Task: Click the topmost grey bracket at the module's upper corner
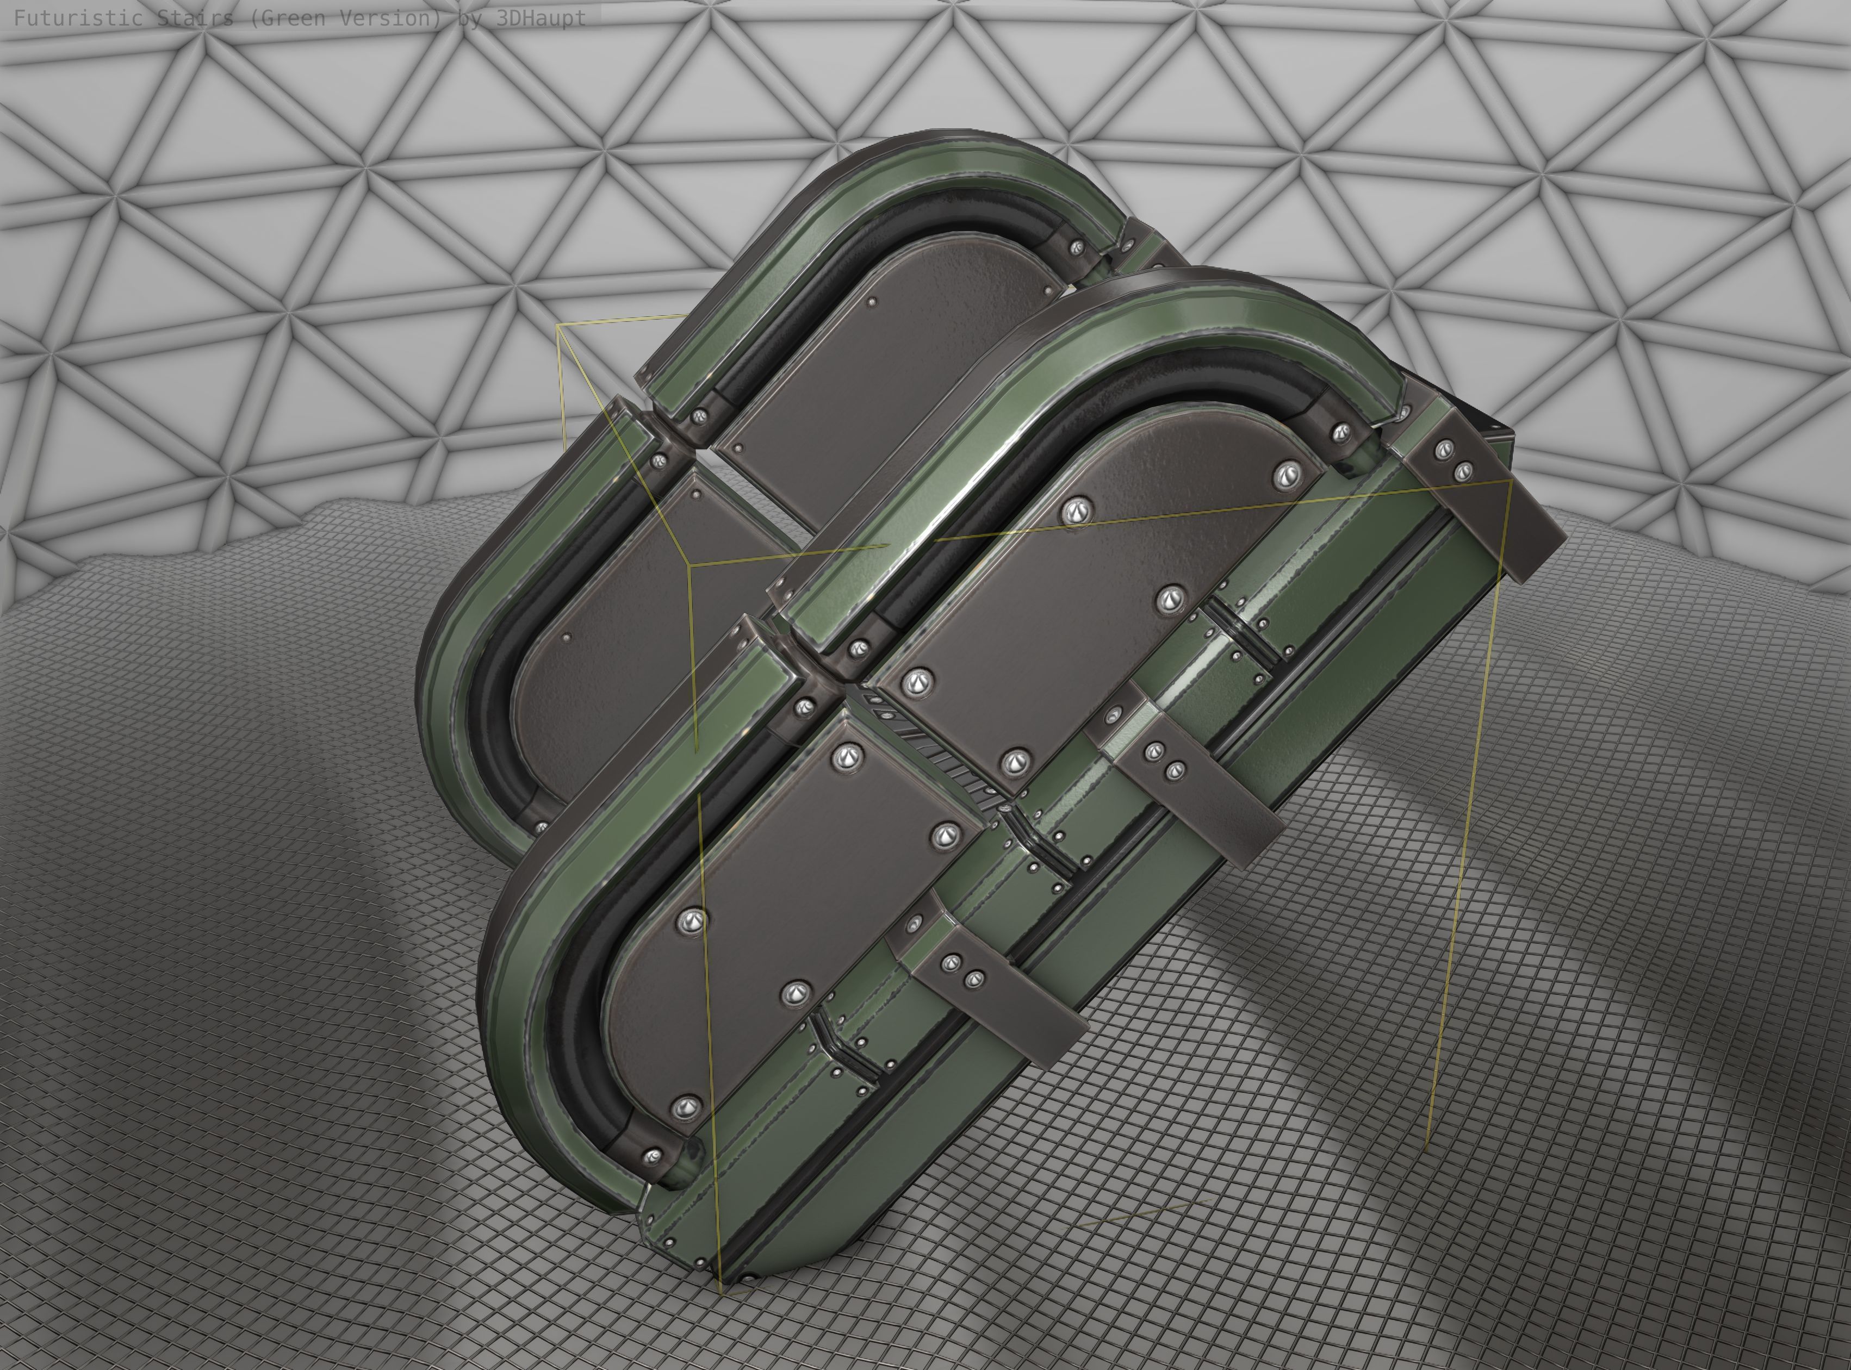[x=1484, y=497]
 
